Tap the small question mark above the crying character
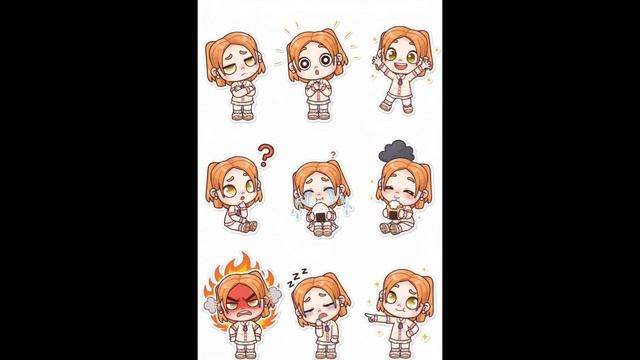coord(333,155)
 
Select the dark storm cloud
coord(397,151)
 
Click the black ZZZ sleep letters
coord(297,277)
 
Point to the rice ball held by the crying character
coord(321,212)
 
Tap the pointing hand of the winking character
coord(371,316)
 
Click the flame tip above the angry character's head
coord(244,255)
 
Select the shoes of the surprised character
coord(318,115)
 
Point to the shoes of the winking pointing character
coord(400,354)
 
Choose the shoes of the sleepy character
coord(326,353)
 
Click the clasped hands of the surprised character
coord(316,85)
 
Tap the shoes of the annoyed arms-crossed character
coord(242,116)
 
